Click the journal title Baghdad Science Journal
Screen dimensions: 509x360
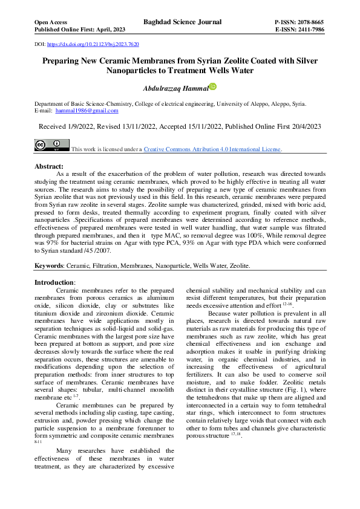182,22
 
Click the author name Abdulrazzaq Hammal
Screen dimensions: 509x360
175,88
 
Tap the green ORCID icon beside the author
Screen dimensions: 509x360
212,87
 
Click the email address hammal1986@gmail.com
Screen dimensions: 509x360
87,111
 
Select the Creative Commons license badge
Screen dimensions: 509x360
51,145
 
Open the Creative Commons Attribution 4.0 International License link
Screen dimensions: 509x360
212,149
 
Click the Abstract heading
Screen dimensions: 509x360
49,166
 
